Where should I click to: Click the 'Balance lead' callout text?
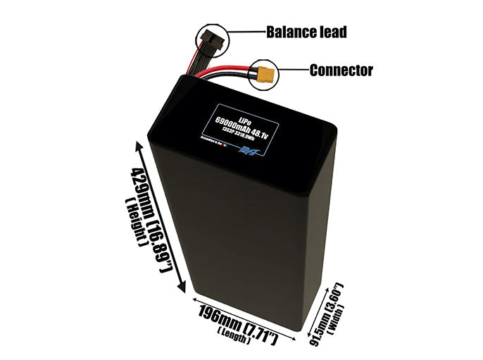coord(306,32)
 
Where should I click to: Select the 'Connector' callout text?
coord(341,70)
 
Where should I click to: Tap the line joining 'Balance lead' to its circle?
coord(244,32)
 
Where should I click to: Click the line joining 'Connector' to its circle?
coord(294,70)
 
